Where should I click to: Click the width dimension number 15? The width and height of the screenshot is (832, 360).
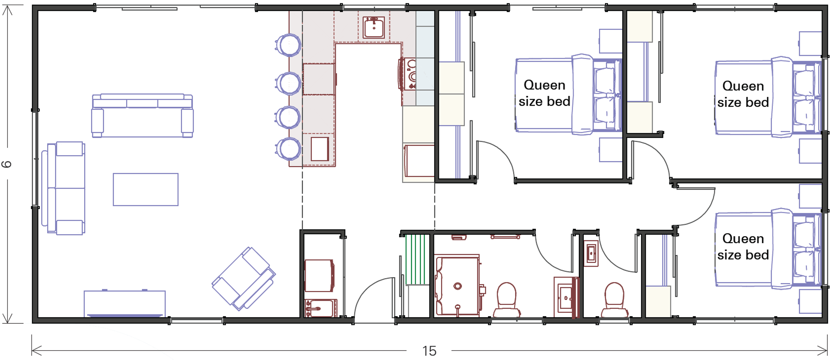tap(429, 351)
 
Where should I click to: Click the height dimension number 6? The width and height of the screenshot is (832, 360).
tap(7, 164)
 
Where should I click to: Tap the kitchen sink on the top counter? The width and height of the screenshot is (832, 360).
tap(374, 27)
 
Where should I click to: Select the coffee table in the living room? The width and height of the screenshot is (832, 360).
tap(146, 189)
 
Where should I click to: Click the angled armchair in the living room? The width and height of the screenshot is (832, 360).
tap(244, 278)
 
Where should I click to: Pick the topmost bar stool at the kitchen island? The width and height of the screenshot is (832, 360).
tap(289, 45)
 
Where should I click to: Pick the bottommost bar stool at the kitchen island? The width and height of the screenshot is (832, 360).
tap(289, 149)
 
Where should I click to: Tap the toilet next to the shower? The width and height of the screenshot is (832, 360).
tap(506, 299)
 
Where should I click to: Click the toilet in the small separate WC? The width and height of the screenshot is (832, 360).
tap(614, 299)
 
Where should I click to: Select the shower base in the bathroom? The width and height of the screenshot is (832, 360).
tap(458, 286)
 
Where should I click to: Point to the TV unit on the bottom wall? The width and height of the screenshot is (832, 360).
tap(125, 304)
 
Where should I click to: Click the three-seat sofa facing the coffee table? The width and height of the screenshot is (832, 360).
tap(142, 115)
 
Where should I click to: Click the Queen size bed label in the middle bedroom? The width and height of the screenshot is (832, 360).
tap(544, 93)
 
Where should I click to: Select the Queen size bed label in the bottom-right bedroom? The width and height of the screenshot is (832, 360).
tap(743, 247)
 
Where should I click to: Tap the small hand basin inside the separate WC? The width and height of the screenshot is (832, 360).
tap(591, 254)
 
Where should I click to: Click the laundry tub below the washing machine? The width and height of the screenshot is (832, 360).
tap(320, 308)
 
